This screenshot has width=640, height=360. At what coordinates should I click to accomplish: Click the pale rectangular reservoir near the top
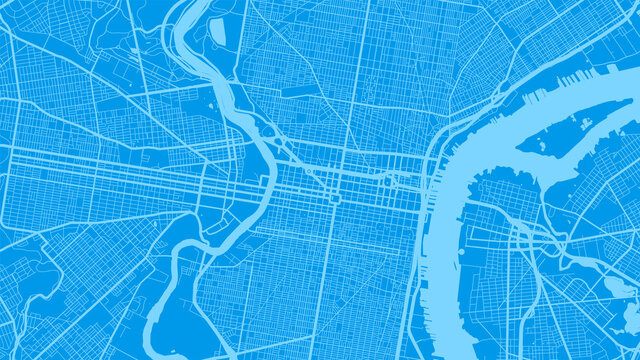218,30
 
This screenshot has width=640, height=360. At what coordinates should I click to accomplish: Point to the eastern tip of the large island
630,101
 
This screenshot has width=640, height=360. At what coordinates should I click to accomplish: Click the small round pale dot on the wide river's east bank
460,252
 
